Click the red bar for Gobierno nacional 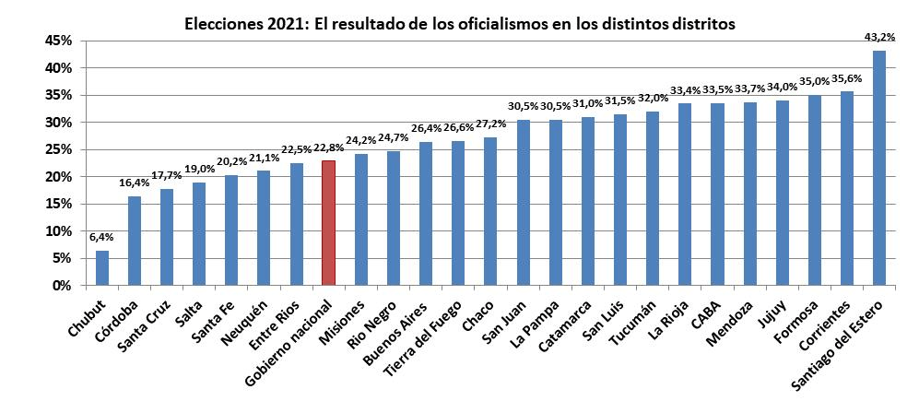pos(328,223)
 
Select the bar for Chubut pos(101,268)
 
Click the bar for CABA pos(717,195)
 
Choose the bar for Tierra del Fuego pos(458,213)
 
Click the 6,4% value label pos(101,237)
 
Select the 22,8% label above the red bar pos(328,147)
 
